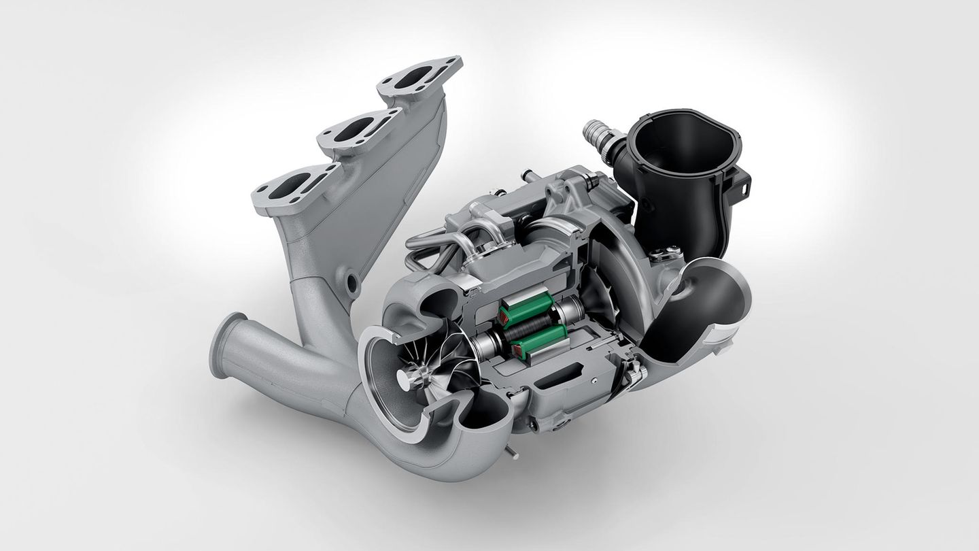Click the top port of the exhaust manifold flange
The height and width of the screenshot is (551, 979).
tap(413, 76)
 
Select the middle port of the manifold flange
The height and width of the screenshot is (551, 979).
tap(354, 129)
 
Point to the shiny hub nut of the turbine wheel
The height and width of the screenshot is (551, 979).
tap(405, 378)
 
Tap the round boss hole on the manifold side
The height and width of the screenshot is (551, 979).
tap(352, 280)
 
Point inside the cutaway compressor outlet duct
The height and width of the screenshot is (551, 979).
tap(700, 299)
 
